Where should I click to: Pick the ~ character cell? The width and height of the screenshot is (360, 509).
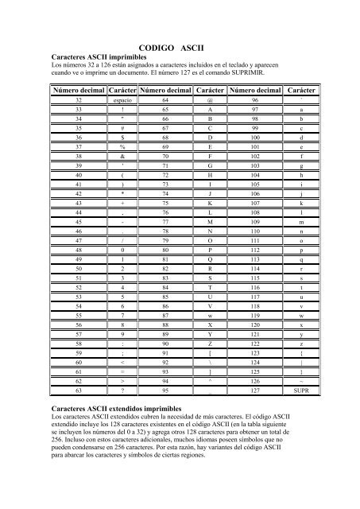[300, 379]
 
